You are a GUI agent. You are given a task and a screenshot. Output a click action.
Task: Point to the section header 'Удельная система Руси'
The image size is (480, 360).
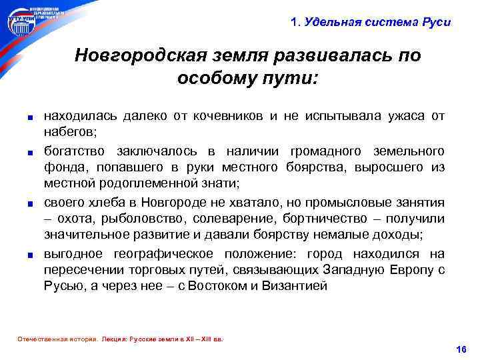tap(377, 22)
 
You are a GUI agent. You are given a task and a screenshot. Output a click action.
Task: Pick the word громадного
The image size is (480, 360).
tap(325, 151)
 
